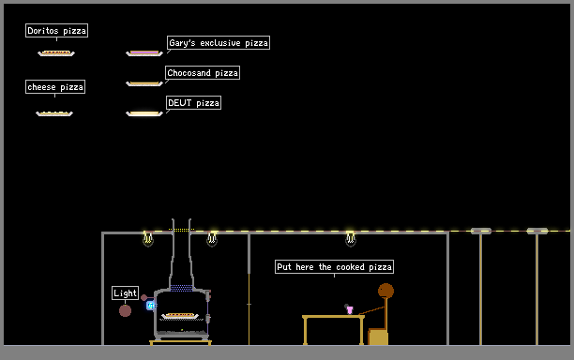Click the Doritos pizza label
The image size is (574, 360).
[x=56, y=30]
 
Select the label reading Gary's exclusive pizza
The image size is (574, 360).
[x=219, y=43]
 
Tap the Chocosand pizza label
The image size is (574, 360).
[x=203, y=73]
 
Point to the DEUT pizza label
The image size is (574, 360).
[x=193, y=103]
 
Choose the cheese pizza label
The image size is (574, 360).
[x=55, y=86]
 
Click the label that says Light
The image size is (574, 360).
[x=125, y=293]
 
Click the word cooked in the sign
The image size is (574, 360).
[x=351, y=267]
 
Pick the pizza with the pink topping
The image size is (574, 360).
[x=144, y=53]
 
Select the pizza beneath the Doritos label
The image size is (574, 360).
[x=56, y=53]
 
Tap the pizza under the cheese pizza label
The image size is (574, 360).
[x=54, y=113]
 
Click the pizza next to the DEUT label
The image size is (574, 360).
[x=144, y=113]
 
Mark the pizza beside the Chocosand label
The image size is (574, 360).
[x=144, y=83]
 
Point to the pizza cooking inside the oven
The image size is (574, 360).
[x=180, y=316]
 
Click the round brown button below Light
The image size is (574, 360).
[x=125, y=311]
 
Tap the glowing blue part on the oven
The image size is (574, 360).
[x=150, y=305]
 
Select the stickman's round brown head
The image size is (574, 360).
[x=385, y=291]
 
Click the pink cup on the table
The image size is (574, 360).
[x=350, y=310]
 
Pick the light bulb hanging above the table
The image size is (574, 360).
[x=351, y=238]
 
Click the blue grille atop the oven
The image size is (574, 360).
[x=182, y=289]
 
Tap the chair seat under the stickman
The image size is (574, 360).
[x=378, y=337]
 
